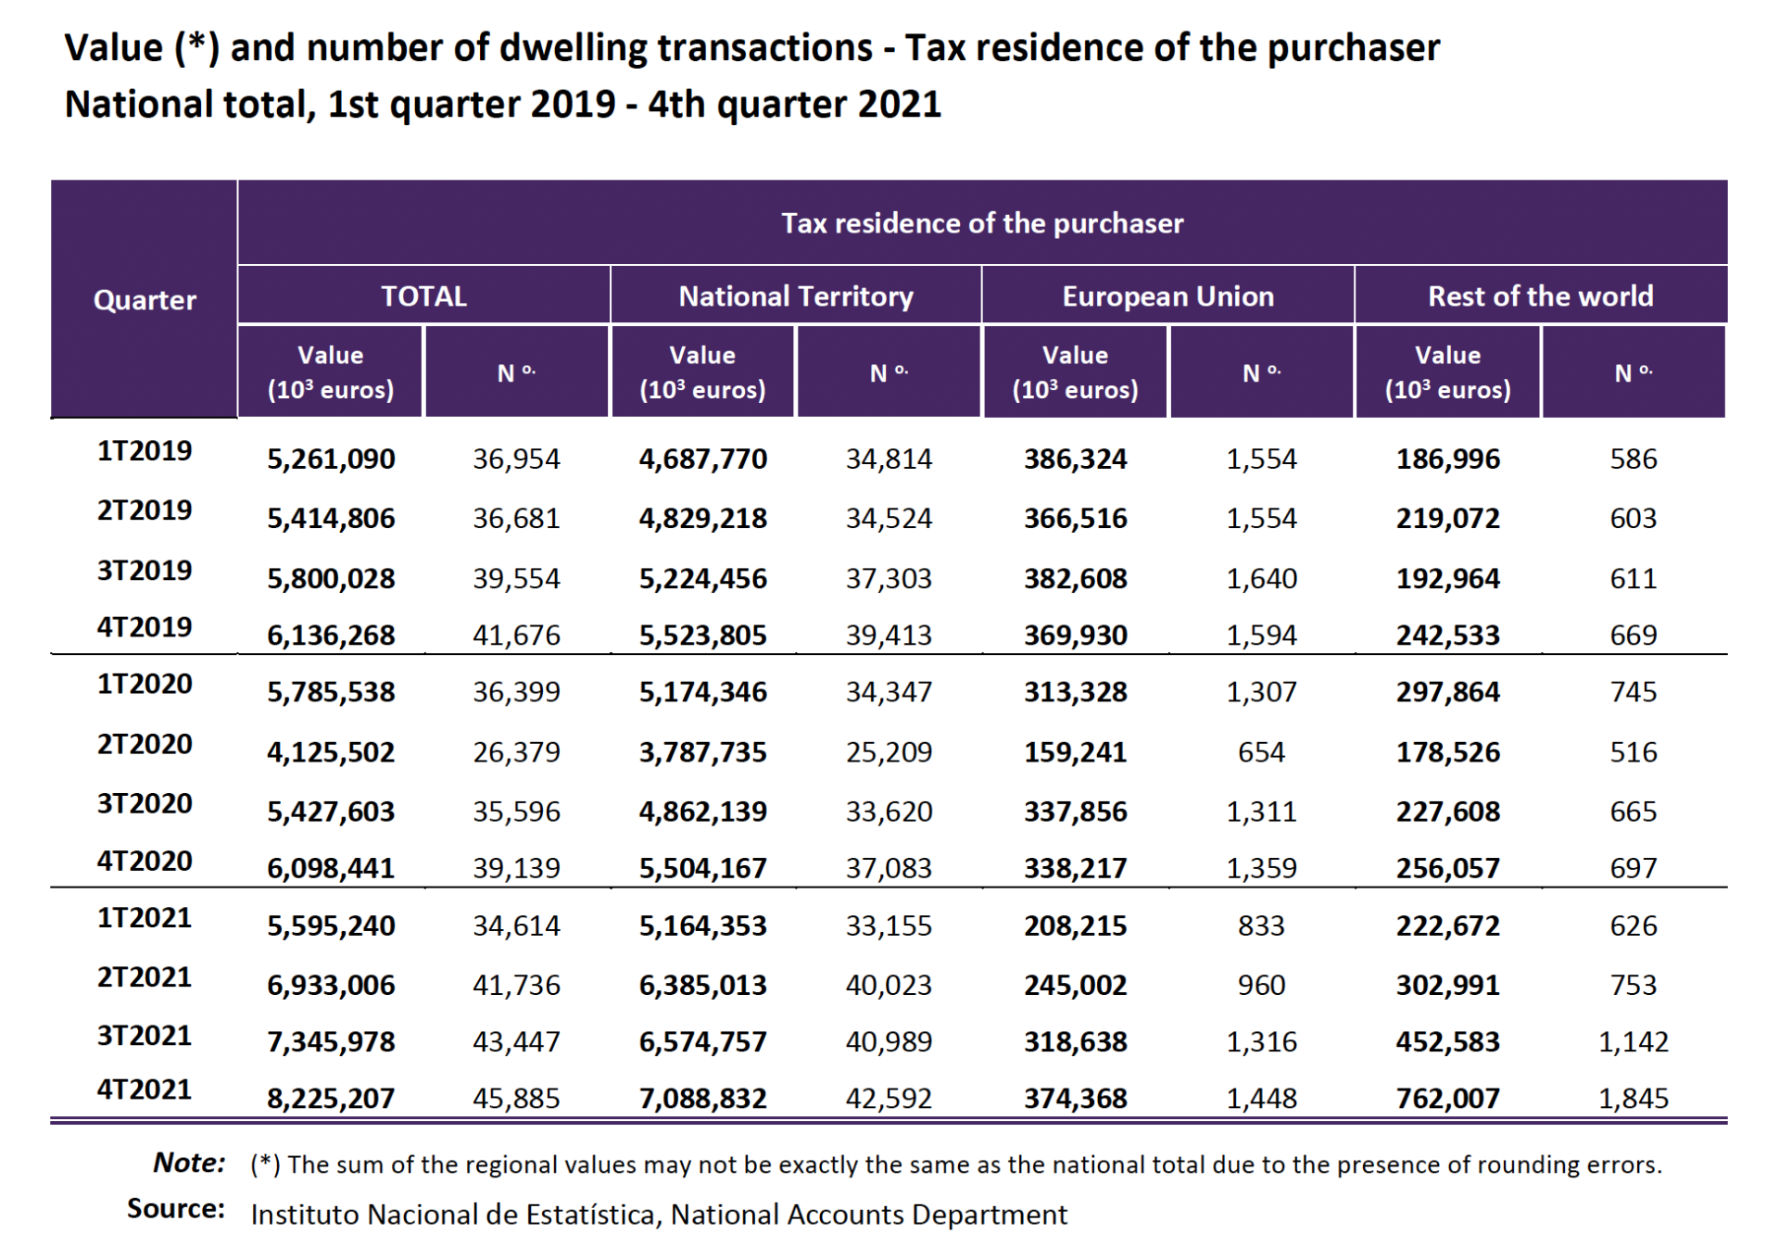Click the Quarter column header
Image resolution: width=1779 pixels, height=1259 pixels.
pos(145,300)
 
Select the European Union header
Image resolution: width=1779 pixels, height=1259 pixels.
pos(1167,296)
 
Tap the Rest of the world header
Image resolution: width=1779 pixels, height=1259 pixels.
pos(1540,296)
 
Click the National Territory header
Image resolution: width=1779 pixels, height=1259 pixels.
pos(796,296)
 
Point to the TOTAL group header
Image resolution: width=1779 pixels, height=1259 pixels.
pos(423,296)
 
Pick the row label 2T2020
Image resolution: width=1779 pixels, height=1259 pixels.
pos(145,744)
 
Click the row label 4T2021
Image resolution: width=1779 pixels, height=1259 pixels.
pos(145,1089)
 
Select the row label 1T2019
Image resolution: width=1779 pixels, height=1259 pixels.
pos(145,451)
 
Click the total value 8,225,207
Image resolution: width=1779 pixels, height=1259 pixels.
pos(331,1099)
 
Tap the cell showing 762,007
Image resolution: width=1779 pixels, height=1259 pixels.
pos(1447,1099)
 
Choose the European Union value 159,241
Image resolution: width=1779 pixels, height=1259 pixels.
pos(1075,752)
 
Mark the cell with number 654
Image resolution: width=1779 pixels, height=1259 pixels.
pos(1261,752)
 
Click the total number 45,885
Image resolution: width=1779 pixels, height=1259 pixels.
pos(516,1099)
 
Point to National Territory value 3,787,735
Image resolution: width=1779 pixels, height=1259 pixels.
pos(702,752)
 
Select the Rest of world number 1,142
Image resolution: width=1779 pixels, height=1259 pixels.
pos(1633,1042)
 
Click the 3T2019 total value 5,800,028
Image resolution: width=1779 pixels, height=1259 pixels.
pos(331,579)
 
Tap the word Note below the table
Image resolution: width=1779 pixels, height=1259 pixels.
pos(189,1163)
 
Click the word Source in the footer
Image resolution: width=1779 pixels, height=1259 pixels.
pos(176,1209)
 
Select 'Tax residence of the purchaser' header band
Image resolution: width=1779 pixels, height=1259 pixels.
pos(982,223)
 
